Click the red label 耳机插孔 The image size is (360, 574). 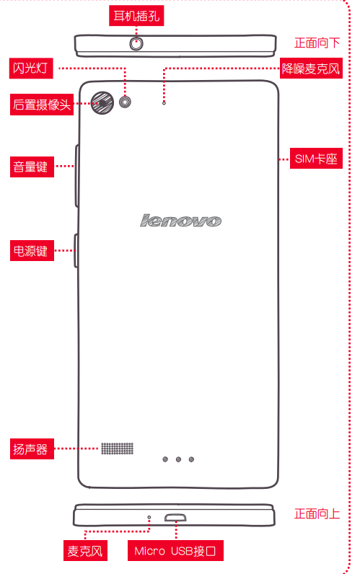[136, 16]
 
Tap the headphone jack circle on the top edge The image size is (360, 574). [136, 44]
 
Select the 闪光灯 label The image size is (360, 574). [31, 68]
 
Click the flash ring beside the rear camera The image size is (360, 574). [126, 102]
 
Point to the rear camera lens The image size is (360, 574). [102, 103]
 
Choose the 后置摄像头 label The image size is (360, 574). [42, 105]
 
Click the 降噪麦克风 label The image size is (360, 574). [311, 68]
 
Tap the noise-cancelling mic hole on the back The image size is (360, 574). [164, 103]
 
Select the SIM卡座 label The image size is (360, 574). [316, 159]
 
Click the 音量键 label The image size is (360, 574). [32, 167]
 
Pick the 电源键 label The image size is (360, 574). [32, 251]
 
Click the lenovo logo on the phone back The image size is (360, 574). [180, 221]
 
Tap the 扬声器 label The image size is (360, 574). [32, 449]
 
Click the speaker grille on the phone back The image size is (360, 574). [117, 449]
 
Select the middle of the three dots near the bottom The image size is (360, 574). [178, 459]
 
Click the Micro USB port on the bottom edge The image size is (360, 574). [175, 518]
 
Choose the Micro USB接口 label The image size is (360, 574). [175, 551]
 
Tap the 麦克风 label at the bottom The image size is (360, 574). [85, 551]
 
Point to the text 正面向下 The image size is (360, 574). [317, 43]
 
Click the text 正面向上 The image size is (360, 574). [317, 514]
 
